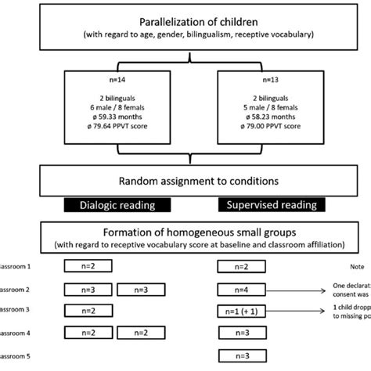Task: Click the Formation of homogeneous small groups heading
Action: pyautogui.click(x=185, y=232)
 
